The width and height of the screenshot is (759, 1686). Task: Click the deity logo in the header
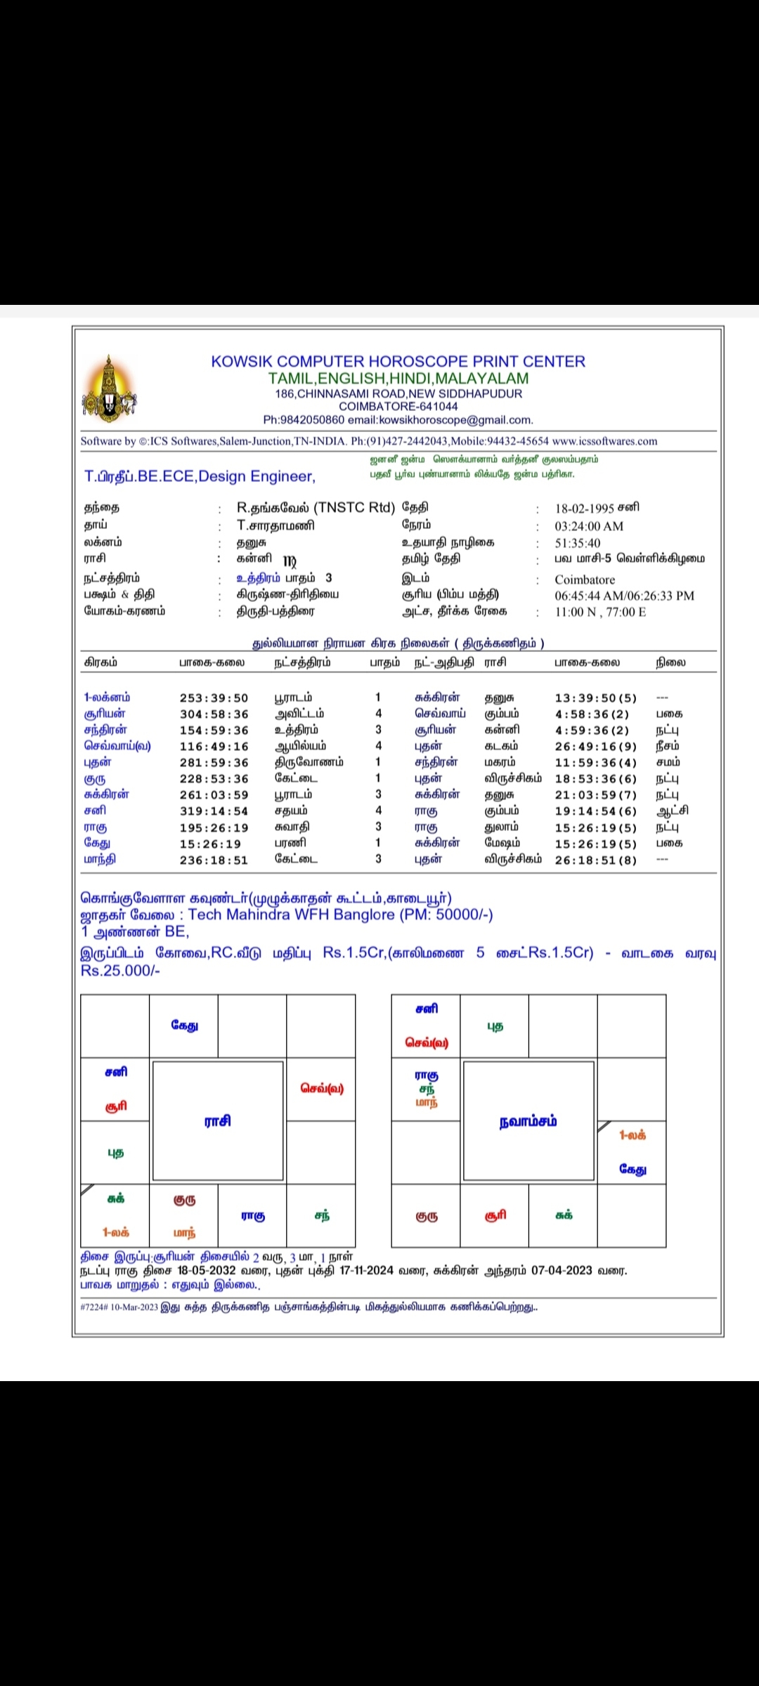109,389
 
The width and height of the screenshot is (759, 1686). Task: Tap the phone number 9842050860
313,420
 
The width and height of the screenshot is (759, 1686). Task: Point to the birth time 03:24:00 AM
589,526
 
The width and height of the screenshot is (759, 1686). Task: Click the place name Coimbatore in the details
585,580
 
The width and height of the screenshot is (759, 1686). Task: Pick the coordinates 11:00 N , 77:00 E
600,612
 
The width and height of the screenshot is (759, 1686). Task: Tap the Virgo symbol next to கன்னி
290,561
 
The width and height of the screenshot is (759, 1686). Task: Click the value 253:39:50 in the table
214,698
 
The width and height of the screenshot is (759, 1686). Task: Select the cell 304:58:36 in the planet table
214,714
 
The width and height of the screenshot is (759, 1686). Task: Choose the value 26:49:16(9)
595,747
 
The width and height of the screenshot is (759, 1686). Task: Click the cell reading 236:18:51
214,861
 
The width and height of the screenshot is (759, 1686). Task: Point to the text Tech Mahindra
235,915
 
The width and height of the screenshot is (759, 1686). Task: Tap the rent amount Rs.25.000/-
120,970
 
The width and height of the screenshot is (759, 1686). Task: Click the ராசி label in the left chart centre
218,1121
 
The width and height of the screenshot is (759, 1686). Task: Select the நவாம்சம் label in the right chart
528,1121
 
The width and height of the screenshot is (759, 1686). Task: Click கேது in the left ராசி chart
184,1026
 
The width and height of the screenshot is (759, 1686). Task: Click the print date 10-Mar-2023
134,1307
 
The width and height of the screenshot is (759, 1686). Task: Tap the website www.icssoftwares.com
604,441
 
